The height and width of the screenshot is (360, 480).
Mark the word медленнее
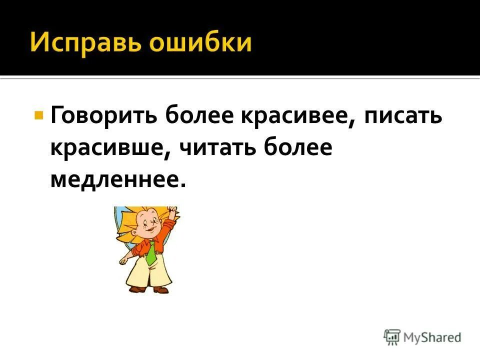(x=114, y=179)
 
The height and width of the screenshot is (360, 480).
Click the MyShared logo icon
(x=392, y=337)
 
